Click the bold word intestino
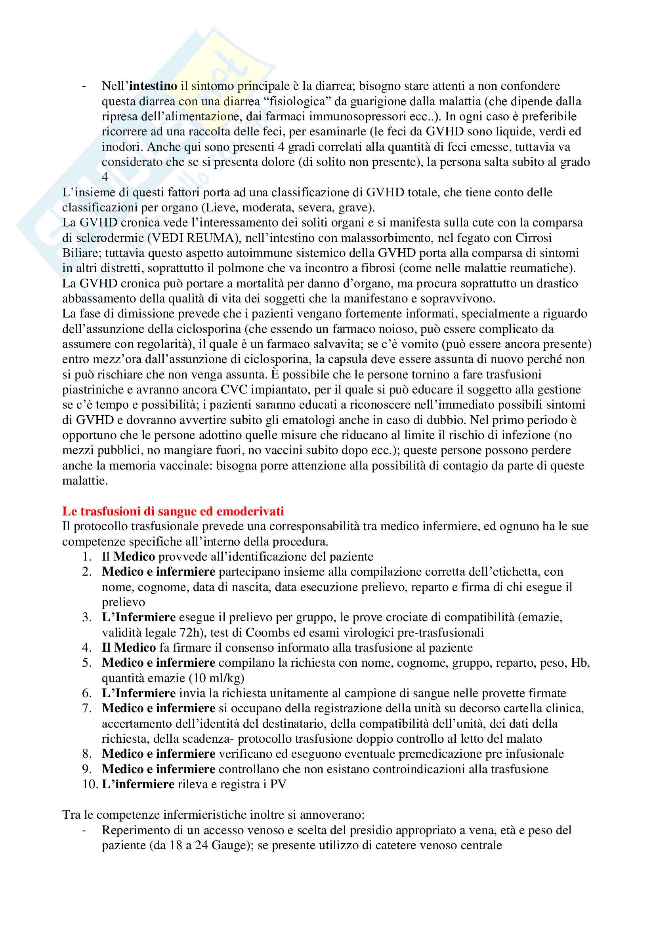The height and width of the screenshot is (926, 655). pyautogui.click(x=153, y=86)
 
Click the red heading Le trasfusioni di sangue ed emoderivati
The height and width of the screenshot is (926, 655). pyautogui.click(x=173, y=511)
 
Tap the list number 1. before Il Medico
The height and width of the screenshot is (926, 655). pyautogui.click(x=87, y=557)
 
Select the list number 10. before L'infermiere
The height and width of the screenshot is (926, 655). pyautogui.click(x=90, y=784)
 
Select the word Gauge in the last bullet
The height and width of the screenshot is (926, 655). pyautogui.click(x=229, y=845)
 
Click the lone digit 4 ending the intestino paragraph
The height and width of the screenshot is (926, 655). pyautogui.click(x=105, y=177)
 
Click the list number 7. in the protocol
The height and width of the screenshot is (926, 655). pyautogui.click(x=87, y=708)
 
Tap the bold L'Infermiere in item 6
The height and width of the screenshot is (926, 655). pyautogui.click(x=138, y=693)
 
